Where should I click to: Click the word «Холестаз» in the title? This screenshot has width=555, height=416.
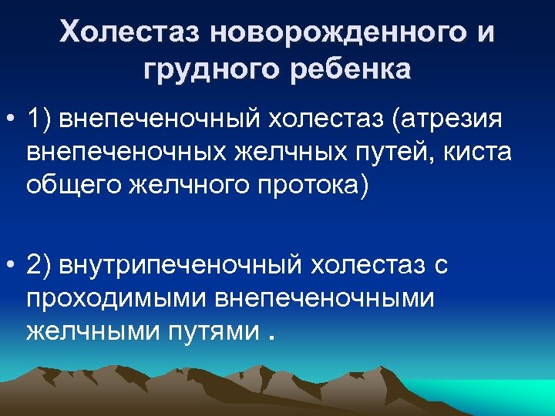pyautogui.click(x=129, y=33)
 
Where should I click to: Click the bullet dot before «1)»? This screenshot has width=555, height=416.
pyautogui.click(x=12, y=121)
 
